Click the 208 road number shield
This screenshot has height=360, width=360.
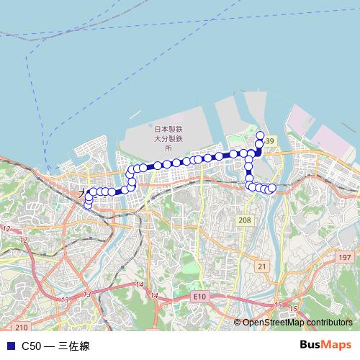tap(245, 220)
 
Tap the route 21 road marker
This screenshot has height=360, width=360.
tap(262, 266)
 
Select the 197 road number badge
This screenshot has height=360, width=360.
tap(345, 257)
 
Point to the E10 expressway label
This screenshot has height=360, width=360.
tap(199, 296)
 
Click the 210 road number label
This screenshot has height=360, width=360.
tap(21, 326)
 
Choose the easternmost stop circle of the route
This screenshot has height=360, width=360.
tap(272, 189)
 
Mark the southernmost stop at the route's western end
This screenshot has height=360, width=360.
tap(88, 205)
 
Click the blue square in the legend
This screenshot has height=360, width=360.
tap(10, 346)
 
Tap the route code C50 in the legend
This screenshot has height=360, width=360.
tap(31, 346)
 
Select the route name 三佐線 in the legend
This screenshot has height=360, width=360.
tap(74, 346)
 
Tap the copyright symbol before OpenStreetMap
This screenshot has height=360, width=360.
tap(238, 323)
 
